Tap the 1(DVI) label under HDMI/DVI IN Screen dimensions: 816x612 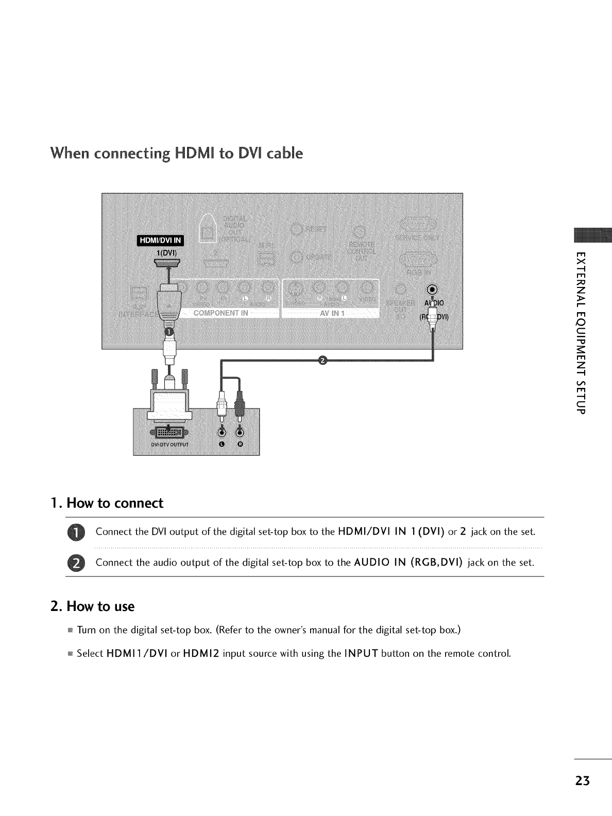[167, 253]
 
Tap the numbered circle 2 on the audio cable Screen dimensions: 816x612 [323, 360]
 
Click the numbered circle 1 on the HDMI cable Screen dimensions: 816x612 [168, 331]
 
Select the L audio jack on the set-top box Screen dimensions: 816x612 [222, 431]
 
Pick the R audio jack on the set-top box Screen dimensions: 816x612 [240, 431]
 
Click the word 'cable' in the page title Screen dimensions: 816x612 [281, 154]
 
